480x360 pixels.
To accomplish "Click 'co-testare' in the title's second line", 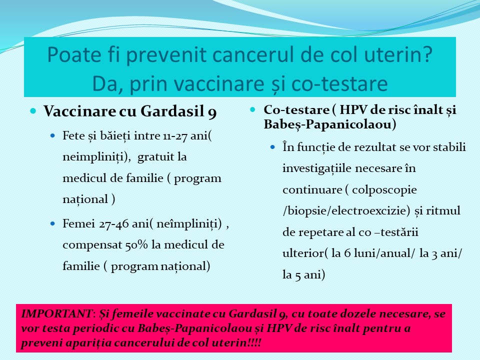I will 341,83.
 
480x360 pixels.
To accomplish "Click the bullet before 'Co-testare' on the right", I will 253,109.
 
